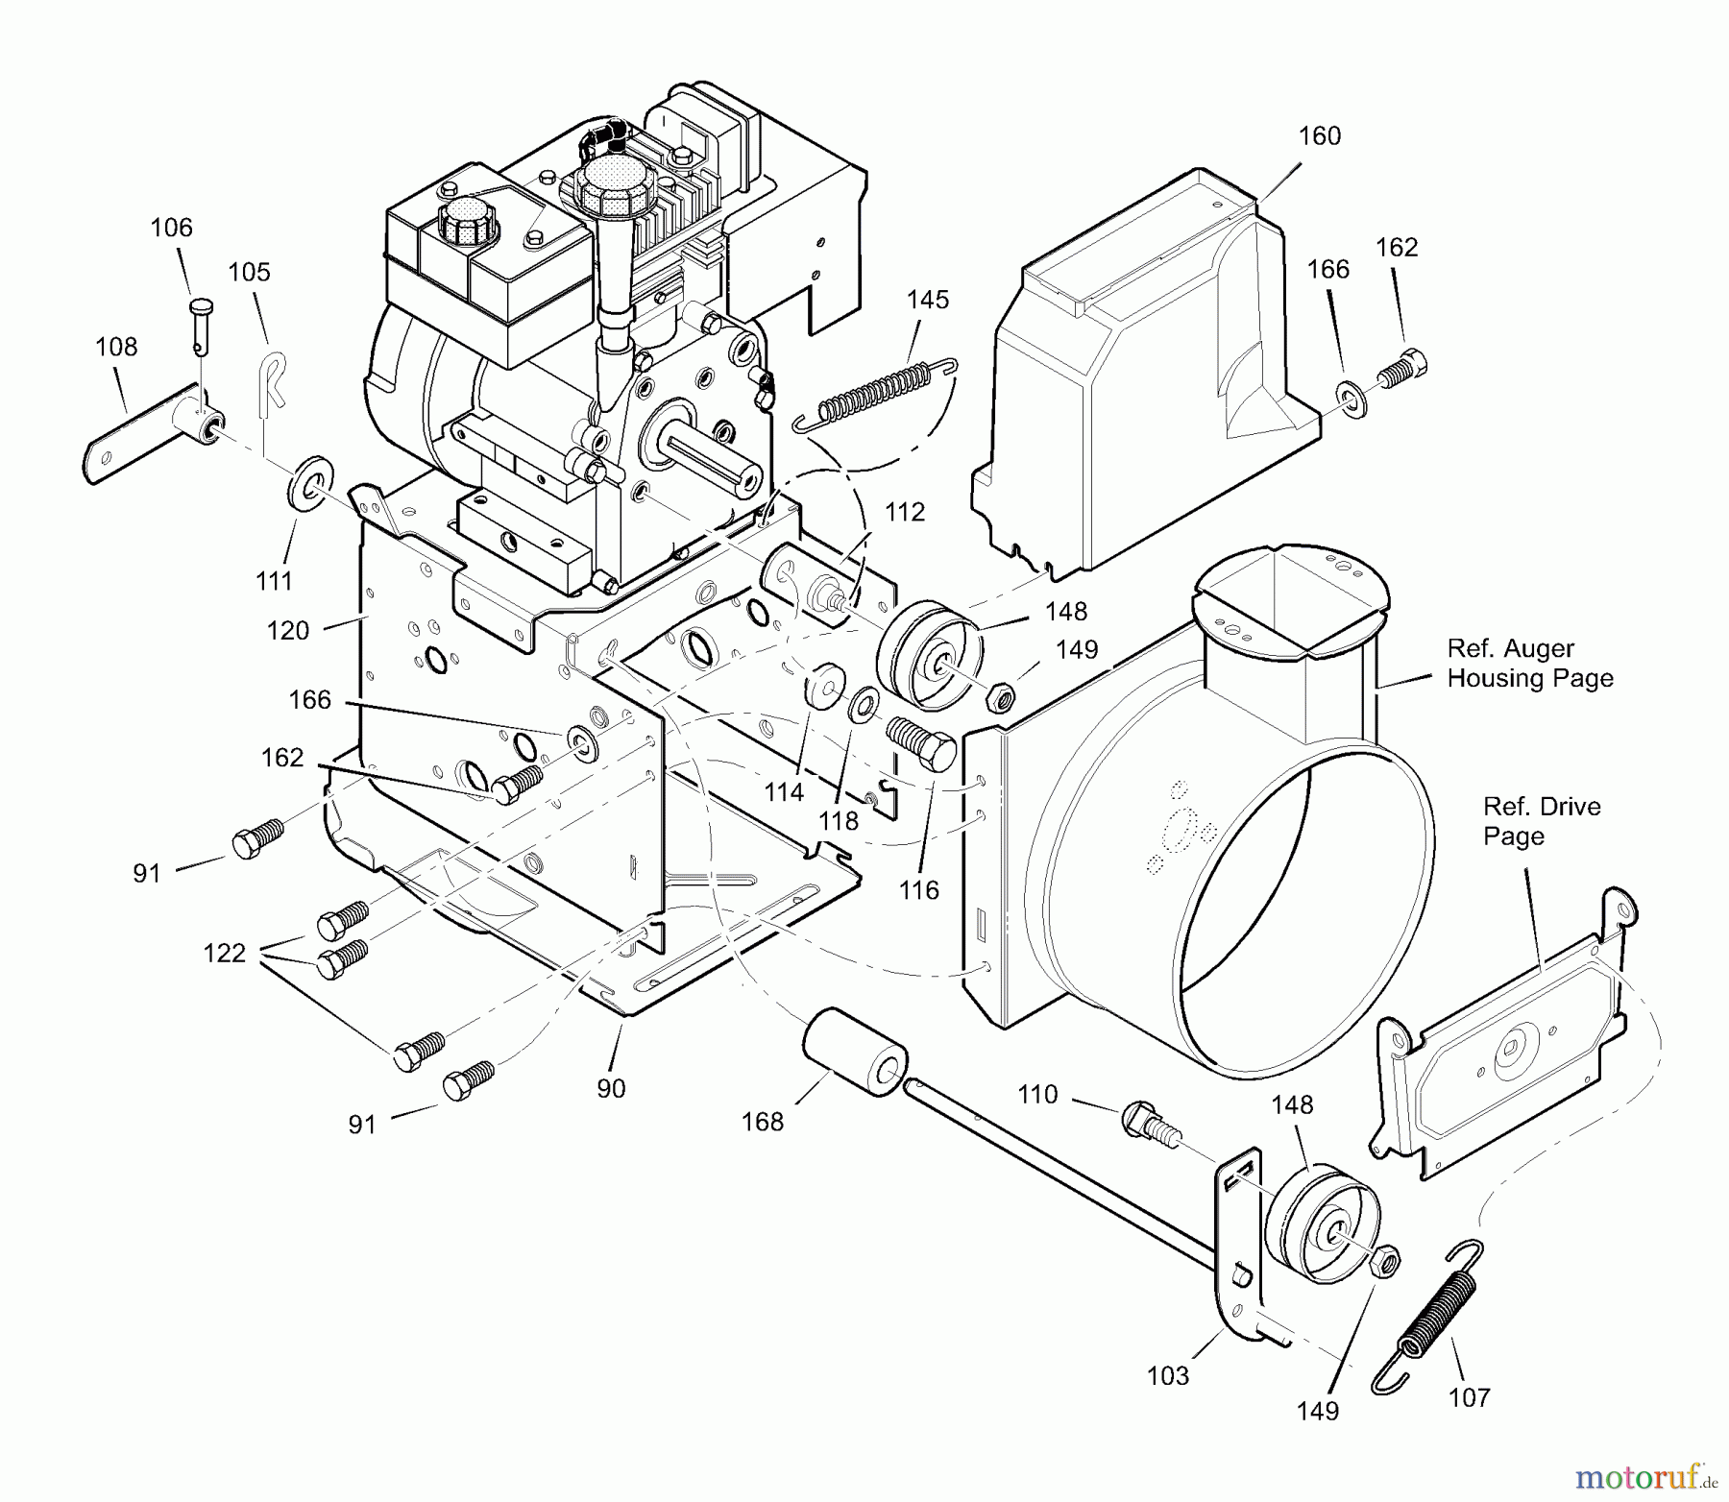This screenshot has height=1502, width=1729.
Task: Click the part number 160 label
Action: pyautogui.click(x=1319, y=136)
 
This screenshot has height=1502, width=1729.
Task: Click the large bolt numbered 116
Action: pyautogui.click(x=921, y=742)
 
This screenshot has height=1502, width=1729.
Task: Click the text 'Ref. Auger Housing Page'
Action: pyautogui.click(x=1530, y=664)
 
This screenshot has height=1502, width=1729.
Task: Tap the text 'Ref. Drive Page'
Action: pyautogui.click(x=1542, y=821)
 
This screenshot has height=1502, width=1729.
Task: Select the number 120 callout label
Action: pyautogui.click(x=288, y=631)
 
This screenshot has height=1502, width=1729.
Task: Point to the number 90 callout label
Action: pyautogui.click(x=611, y=1089)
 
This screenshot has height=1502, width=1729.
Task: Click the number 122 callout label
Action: pyautogui.click(x=224, y=954)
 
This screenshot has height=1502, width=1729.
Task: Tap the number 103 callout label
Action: pyautogui.click(x=1168, y=1376)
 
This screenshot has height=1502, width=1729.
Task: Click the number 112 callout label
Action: pyautogui.click(x=904, y=512)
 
